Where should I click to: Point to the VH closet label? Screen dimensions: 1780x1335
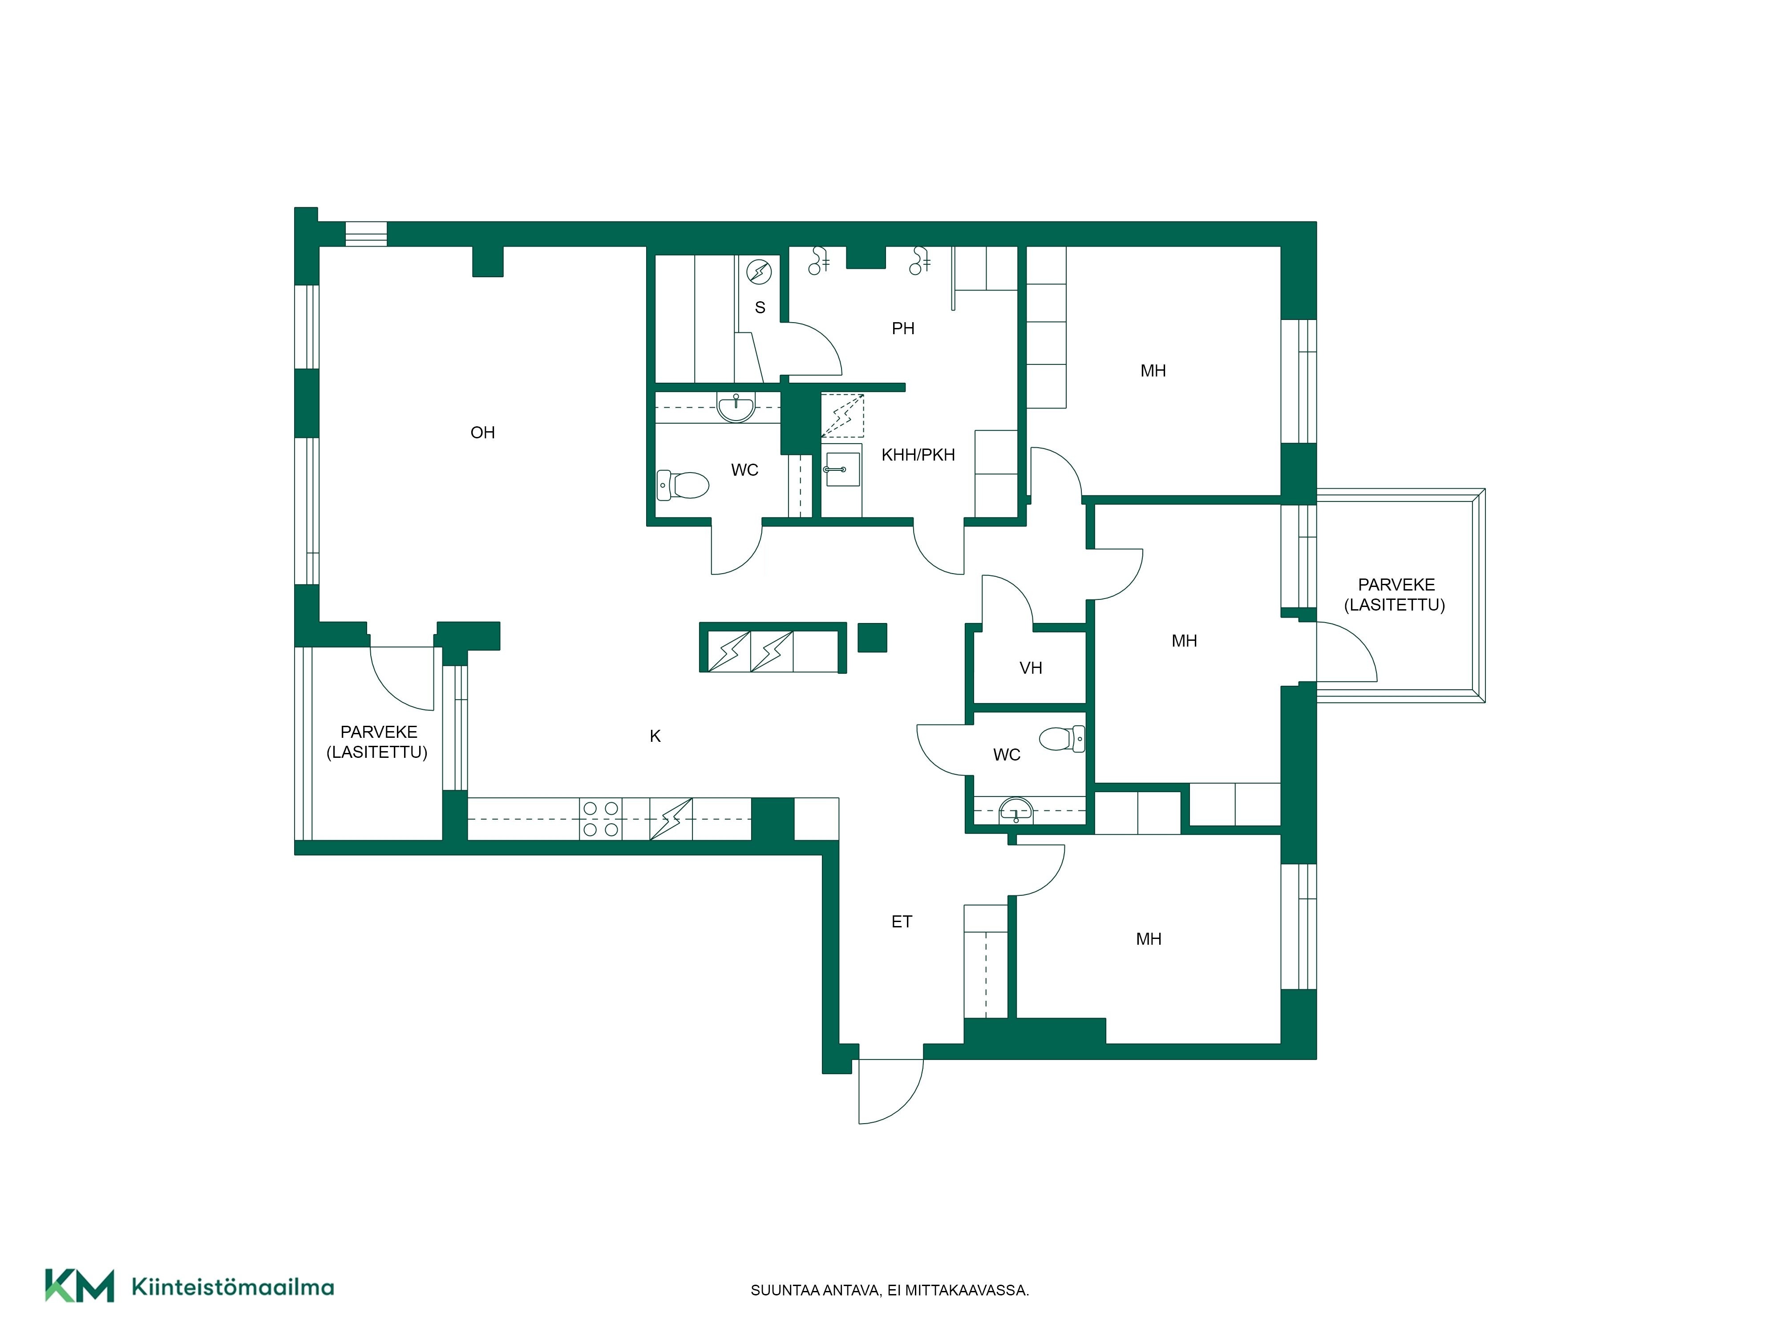[x=1031, y=668]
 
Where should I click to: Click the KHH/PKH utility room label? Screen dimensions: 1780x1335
[x=918, y=455]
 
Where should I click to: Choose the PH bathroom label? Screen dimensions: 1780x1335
[x=903, y=328]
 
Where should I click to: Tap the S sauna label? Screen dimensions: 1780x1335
[x=760, y=307]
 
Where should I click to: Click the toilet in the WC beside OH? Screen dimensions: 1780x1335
[x=682, y=485]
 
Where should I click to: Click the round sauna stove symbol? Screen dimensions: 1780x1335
[x=759, y=272]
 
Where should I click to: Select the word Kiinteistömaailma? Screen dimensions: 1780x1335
[x=233, y=1287]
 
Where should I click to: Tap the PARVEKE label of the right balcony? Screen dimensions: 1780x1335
[x=1396, y=585]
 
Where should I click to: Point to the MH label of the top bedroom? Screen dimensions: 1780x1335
[x=1153, y=371]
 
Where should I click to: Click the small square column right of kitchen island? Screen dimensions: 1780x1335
[x=872, y=637]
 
